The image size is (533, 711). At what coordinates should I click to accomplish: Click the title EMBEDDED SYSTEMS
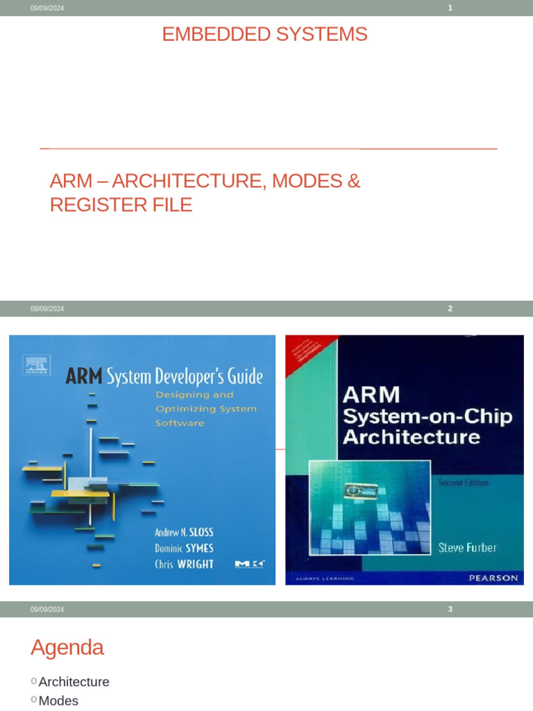[264, 34]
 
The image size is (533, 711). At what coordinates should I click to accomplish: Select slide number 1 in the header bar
[450, 8]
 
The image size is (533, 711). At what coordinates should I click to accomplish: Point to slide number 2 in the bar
[450, 308]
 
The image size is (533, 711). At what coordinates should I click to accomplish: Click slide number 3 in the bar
[450, 609]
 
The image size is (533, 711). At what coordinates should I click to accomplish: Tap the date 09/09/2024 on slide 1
[47, 8]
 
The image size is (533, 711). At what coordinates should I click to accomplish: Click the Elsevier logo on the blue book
[36, 365]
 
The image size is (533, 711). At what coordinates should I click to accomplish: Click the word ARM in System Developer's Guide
[83, 377]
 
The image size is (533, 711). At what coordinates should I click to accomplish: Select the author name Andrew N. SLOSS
[184, 533]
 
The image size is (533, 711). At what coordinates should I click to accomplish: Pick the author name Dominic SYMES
[184, 548]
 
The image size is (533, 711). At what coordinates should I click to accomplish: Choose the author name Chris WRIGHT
[184, 564]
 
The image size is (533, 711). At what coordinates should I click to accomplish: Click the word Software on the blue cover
[179, 423]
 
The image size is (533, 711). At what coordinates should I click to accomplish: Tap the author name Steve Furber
[467, 548]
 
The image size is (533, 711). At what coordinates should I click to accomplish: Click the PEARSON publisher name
[493, 578]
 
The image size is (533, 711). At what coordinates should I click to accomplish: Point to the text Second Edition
[462, 483]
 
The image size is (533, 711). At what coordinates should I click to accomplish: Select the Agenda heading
[67, 647]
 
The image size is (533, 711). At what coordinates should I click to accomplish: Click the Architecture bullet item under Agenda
[74, 682]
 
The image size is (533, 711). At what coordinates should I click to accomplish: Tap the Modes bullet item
[58, 701]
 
